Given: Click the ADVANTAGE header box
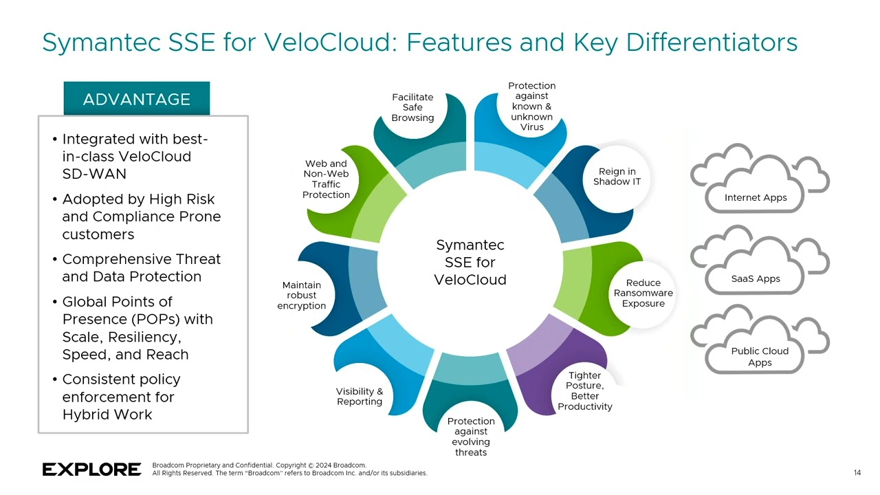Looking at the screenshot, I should pyautogui.click(x=136, y=99).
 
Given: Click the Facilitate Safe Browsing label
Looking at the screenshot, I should pyautogui.click(x=412, y=107).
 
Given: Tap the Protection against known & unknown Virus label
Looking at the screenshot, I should pyautogui.click(x=531, y=106).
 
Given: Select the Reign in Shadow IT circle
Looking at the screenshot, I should pyautogui.click(x=617, y=177).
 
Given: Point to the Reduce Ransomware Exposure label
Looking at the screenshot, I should pyautogui.click(x=643, y=293).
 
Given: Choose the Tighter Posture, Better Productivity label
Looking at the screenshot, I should pyautogui.click(x=584, y=391).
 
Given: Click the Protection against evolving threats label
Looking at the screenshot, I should pyautogui.click(x=470, y=437).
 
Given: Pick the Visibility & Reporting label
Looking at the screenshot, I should pyautogui.click(x=359, y=396).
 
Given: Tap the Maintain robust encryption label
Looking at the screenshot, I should pyautogui.click(x=301, y=295).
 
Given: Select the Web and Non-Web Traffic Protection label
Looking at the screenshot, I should pyautogui.click(x=326, y=179).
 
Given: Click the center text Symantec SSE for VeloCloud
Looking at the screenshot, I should pyautogui.click(x=470, y=263).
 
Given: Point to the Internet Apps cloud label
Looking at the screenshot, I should pyautogui.click(x=755, y=198).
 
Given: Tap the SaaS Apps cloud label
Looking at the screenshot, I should pyautogui.click(x=755, y=278).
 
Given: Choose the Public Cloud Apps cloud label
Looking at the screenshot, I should pyautogui.click(x=760, y=357).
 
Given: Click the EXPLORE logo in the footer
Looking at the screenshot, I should pyautogui.click(x=91, y=470).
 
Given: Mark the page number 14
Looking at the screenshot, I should pyautogui.click(x=857, y=472).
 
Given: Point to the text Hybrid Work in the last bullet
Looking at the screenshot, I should pyautogui.click(x=107, y=415).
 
